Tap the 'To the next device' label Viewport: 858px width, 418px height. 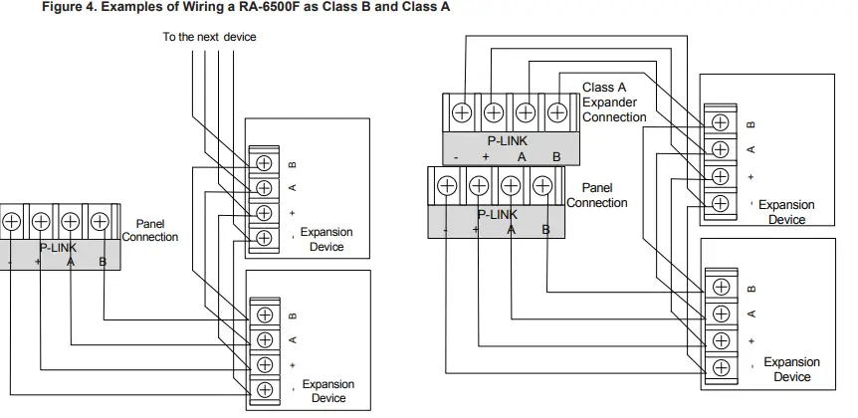209,38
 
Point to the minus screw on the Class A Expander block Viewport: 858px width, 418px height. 463,112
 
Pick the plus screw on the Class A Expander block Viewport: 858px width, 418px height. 495,112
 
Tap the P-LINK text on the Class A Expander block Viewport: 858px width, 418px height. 508,141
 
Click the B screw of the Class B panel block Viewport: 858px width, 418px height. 101,221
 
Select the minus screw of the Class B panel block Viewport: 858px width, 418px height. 10,221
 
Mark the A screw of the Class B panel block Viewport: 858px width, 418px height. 71,221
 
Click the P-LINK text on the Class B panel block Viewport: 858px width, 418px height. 57,247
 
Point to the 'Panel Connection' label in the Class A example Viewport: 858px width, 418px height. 597,195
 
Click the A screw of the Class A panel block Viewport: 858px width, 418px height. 510,185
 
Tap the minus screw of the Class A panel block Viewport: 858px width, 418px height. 447,185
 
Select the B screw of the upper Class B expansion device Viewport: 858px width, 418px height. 265,162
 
